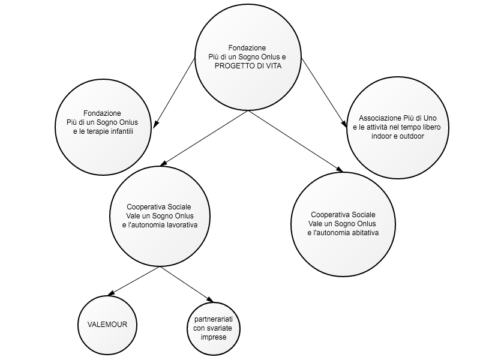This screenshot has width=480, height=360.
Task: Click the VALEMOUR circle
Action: tap(107, 325)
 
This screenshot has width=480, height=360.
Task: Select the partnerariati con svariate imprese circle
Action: tap(214, 328)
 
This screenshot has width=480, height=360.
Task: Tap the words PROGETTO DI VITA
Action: tap(248, 66)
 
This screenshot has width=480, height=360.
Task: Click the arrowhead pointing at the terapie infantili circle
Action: tap(155, 124)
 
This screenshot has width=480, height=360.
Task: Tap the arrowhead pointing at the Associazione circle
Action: tap(344, 123)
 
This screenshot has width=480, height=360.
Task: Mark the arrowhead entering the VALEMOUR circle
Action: tap(112, 293)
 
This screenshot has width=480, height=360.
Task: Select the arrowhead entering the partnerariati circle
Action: tap(209, 299)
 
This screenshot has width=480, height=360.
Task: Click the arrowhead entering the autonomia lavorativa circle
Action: tap(163, 163)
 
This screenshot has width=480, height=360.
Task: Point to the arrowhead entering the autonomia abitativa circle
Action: tap(339, 169)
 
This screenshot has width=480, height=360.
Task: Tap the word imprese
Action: tap(214, 337)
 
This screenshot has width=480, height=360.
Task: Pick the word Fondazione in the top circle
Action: tap(247, 48)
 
